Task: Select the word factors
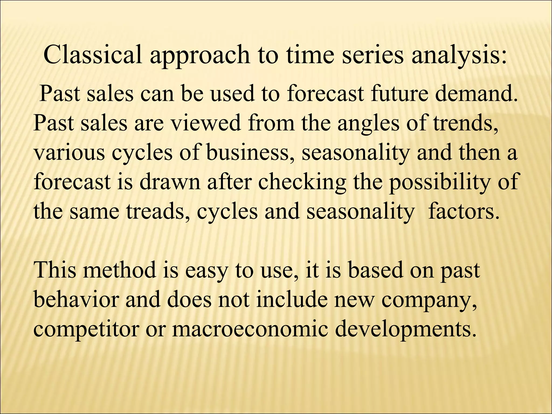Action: point(463,212)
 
